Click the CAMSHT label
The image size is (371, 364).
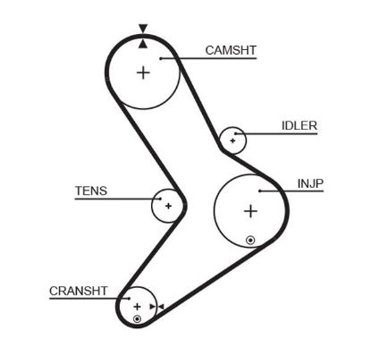[x=229, y=50]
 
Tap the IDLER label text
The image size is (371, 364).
[x=299, y=126]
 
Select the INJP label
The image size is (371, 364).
[x=309, y=183]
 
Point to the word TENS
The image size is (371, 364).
[x=89, y=190]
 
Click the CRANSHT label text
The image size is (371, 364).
[x=78, y=292]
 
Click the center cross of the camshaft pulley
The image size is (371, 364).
[x=143, y=72]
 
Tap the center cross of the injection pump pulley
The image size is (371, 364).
[x=250, y=211]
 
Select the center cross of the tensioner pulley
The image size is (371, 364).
[x=167, y=207]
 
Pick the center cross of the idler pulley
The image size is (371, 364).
[x=233, y=140]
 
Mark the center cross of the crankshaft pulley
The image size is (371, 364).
[x=137, y=307]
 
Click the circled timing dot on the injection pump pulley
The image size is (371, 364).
[x=250, y=240]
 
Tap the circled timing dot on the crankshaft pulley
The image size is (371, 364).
[x=137, y=319]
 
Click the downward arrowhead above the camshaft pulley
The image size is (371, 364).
[x=143, y=30]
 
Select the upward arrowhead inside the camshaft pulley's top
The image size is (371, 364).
[x=143, y=42]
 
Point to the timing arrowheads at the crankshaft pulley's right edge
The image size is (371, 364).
[x=156, y=308]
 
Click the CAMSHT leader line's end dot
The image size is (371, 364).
[x=160, y=58]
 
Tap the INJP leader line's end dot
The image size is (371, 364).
[x=259, y=190]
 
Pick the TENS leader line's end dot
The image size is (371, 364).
[x=161, y=199]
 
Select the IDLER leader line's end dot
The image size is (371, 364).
[x=238, y=134]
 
